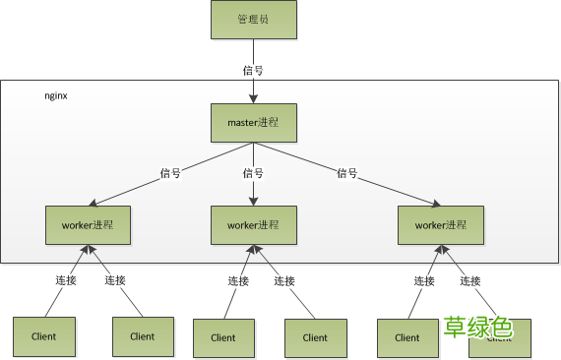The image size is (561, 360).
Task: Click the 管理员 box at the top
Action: pyautogui.click(x=253, y=21)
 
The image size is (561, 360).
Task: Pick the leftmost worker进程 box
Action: pyautogui.click(x=88, y=224)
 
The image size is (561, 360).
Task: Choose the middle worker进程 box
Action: pyautogui.click(x=254, y=224)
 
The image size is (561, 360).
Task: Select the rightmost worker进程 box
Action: pyautogui.click(x=440, y=224)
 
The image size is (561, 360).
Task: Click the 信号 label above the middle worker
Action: pyautogui.click(x=254, y=173)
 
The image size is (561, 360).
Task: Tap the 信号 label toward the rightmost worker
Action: pyautogui.click(x=346, y=173)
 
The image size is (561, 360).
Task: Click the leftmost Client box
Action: pyautogui.click(x=43, y=336)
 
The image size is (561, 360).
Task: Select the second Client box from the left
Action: pyautogui.click(x=142, y=336)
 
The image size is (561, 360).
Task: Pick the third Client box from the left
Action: pyautogui.click(x=222, y=337)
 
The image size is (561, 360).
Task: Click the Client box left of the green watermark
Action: pyautogui.click(x=406, y=337)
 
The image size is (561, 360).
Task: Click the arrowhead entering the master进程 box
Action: pyautogui.click(x=253, y=98)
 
